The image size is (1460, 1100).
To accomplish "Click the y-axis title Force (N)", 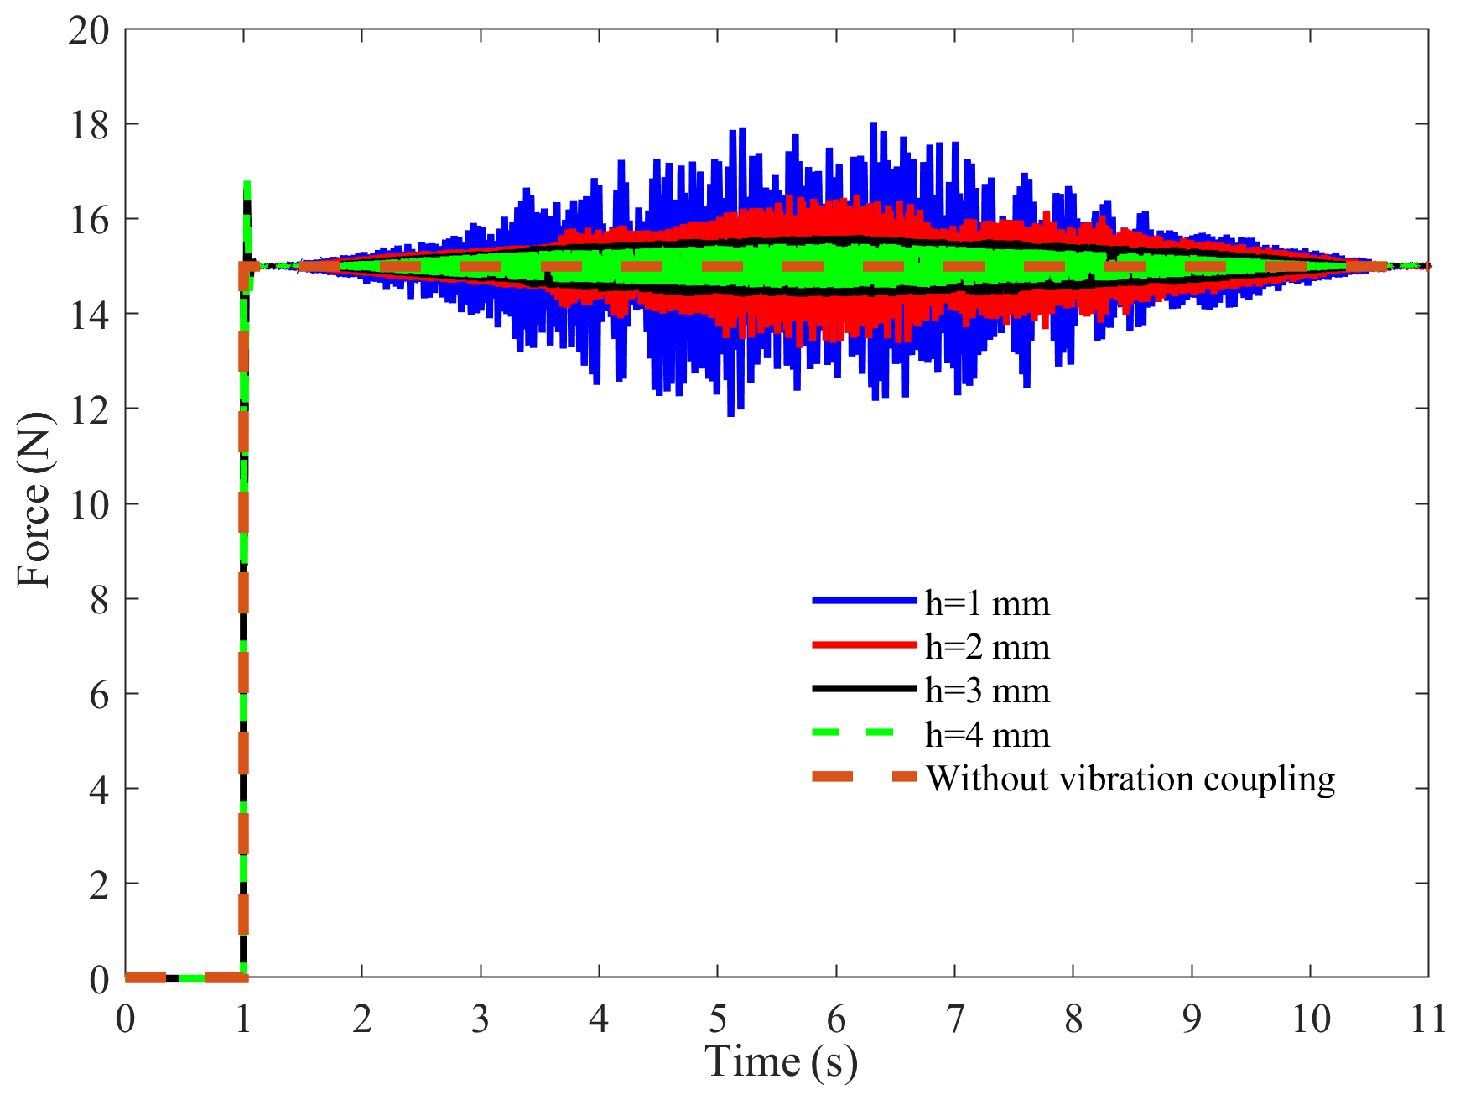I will click(x=35, y=501).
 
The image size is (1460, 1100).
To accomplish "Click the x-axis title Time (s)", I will click(x=781, y=1063).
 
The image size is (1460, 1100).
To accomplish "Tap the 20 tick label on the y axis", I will click(x=89, y=31).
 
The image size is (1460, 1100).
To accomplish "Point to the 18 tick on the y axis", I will click(x=89, y=126).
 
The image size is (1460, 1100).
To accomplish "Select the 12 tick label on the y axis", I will click(x=89, y=410).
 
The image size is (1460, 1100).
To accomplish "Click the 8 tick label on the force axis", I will click(x=99, y=600).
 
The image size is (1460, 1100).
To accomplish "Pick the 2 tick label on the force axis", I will click(x=99, y=884).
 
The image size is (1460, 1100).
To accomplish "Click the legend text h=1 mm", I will click(x=987, y=603).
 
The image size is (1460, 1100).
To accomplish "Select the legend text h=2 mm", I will click(x=987, y=647).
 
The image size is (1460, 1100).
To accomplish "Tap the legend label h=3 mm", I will click(x=987, y=691).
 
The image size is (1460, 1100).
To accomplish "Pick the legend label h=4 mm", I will click(x=987, y=735).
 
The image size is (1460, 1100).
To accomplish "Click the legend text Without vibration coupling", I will click(x=1130, y=779).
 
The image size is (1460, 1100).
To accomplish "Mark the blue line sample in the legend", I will click(x=864, y=601).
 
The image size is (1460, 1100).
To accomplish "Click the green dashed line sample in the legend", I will click(x=864, y=732).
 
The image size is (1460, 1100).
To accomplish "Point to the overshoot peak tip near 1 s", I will click(x=247, y=183).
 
